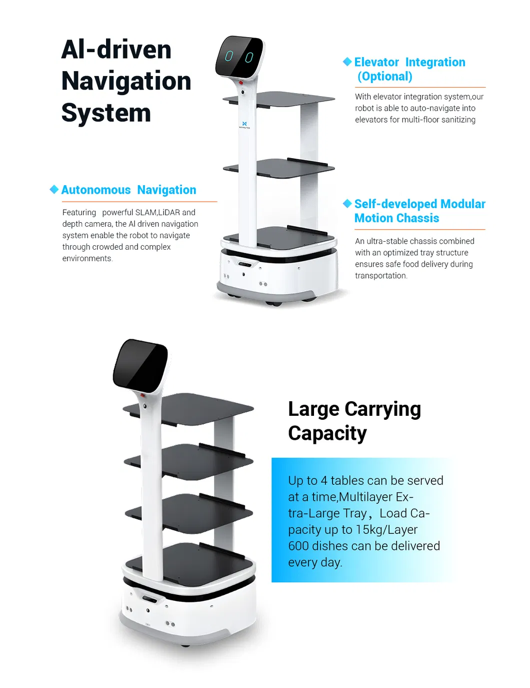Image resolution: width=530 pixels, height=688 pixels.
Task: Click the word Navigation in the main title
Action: [126, 81]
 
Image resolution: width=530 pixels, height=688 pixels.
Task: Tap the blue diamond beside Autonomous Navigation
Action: [54, 189]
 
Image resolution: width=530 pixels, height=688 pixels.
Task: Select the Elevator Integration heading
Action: [409, 62]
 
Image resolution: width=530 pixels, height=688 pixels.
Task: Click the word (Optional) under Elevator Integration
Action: [384, 77]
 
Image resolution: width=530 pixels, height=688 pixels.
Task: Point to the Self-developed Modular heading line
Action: [419, 204]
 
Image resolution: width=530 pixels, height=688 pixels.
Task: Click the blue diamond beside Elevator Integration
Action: [347, 62]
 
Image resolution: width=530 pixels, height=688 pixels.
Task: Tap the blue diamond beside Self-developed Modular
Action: [347, 203]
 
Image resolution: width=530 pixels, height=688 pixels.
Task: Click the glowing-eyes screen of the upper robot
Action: [239, 57]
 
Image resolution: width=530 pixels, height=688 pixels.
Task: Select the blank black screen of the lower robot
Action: [139, 365]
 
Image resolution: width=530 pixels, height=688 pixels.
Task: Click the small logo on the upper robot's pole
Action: [244, 124]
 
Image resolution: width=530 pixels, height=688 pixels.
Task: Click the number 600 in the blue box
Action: [298, 546]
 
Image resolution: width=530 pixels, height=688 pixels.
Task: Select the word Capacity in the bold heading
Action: [327, 433]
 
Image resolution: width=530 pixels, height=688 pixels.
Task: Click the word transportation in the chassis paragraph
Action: [380, 276]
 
